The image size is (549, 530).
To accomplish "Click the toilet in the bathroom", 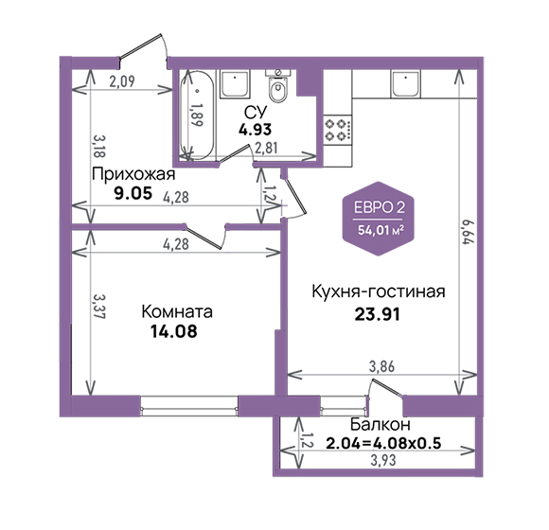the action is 278,86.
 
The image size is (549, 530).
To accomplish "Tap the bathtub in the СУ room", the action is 197,115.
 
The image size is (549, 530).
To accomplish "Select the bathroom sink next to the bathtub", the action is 235,84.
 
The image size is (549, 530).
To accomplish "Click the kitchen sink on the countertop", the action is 406,84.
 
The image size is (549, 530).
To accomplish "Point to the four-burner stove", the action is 338,130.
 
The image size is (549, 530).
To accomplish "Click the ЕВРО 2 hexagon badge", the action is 379,219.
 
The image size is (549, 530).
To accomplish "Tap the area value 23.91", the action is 377,314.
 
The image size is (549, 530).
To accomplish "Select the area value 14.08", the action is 174,331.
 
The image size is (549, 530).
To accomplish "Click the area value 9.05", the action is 133,193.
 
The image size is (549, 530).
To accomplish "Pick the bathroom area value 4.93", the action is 255,130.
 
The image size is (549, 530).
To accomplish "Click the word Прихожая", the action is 133,174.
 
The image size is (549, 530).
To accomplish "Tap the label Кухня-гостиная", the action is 379,291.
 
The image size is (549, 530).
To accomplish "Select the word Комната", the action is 177,311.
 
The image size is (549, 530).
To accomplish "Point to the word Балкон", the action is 381,425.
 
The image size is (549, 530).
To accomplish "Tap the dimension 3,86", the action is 381,366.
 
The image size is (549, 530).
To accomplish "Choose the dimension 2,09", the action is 121,81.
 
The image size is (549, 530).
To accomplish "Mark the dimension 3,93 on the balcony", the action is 383,460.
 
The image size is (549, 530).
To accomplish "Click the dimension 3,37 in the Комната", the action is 99,307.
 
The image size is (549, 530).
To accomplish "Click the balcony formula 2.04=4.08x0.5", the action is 383,444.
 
